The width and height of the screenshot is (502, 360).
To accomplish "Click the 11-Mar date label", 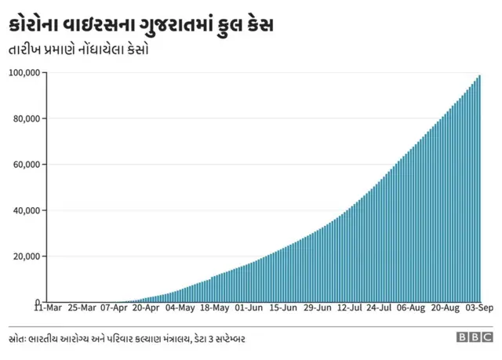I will pos(49,308).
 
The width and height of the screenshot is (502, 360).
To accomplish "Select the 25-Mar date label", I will pos(82,308).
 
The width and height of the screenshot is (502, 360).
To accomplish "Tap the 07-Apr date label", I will pos(114,308).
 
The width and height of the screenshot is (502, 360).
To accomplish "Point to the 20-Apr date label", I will pos(147,308).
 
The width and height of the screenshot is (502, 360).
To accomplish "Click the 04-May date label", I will pos(180,308).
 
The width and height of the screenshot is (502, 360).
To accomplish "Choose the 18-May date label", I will pos(214,308).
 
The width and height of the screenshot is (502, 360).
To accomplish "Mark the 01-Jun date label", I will pos(248,308).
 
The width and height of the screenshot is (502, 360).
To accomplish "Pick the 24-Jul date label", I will pos(379,308).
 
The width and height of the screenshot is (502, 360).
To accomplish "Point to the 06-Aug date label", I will pos(411,308).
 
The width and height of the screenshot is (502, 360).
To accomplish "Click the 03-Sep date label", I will pos(478,308).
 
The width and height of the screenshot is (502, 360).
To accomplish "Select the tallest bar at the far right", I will pos(479,188).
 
